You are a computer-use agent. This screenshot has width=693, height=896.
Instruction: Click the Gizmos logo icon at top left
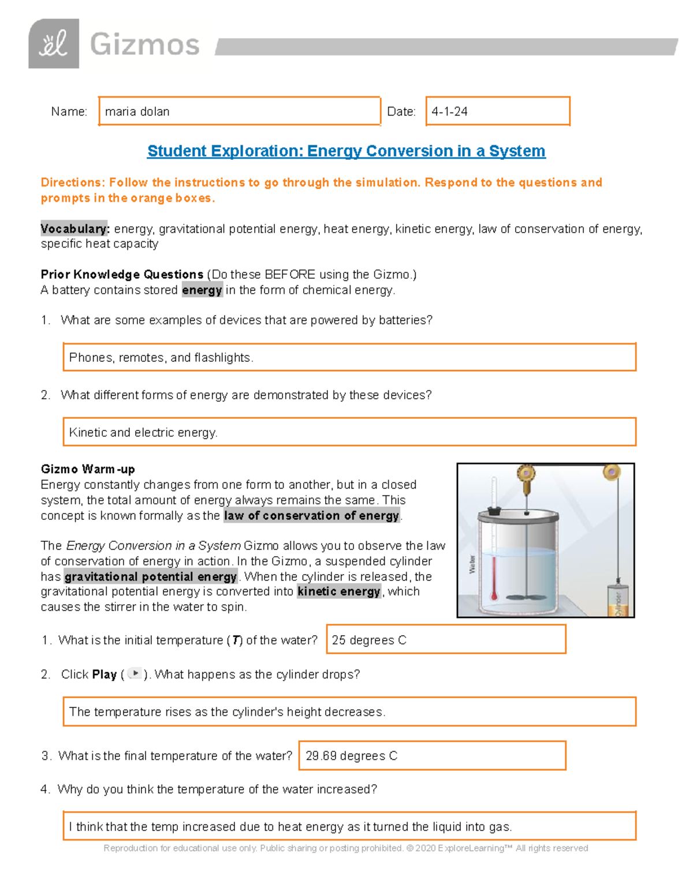[54, 44]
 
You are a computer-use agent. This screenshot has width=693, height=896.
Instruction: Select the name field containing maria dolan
[239, 111]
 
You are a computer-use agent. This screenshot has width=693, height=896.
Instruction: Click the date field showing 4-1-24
[497, 111]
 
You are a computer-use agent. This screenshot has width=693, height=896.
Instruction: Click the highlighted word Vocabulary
[74, 229]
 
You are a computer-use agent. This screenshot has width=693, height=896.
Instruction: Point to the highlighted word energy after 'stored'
[202, 290]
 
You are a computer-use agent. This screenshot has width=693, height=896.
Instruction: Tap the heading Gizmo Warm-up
[88, 469]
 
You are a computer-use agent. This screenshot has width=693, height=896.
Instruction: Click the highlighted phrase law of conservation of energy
[311, 516]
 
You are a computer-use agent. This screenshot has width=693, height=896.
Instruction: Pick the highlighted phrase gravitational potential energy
[151, 577]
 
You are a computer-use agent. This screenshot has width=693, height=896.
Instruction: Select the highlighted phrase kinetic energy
[338, 591]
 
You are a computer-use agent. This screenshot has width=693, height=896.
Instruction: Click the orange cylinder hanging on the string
[617, 600]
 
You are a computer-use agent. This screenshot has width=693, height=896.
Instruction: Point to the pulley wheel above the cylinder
[611, 473]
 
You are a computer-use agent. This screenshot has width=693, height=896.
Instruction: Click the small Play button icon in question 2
[135, 673]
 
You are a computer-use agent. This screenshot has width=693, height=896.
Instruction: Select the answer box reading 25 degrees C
[446, 640]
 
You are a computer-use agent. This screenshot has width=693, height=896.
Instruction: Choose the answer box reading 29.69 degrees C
[432, 756]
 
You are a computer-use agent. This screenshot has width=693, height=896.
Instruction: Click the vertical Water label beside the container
[472, 564]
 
